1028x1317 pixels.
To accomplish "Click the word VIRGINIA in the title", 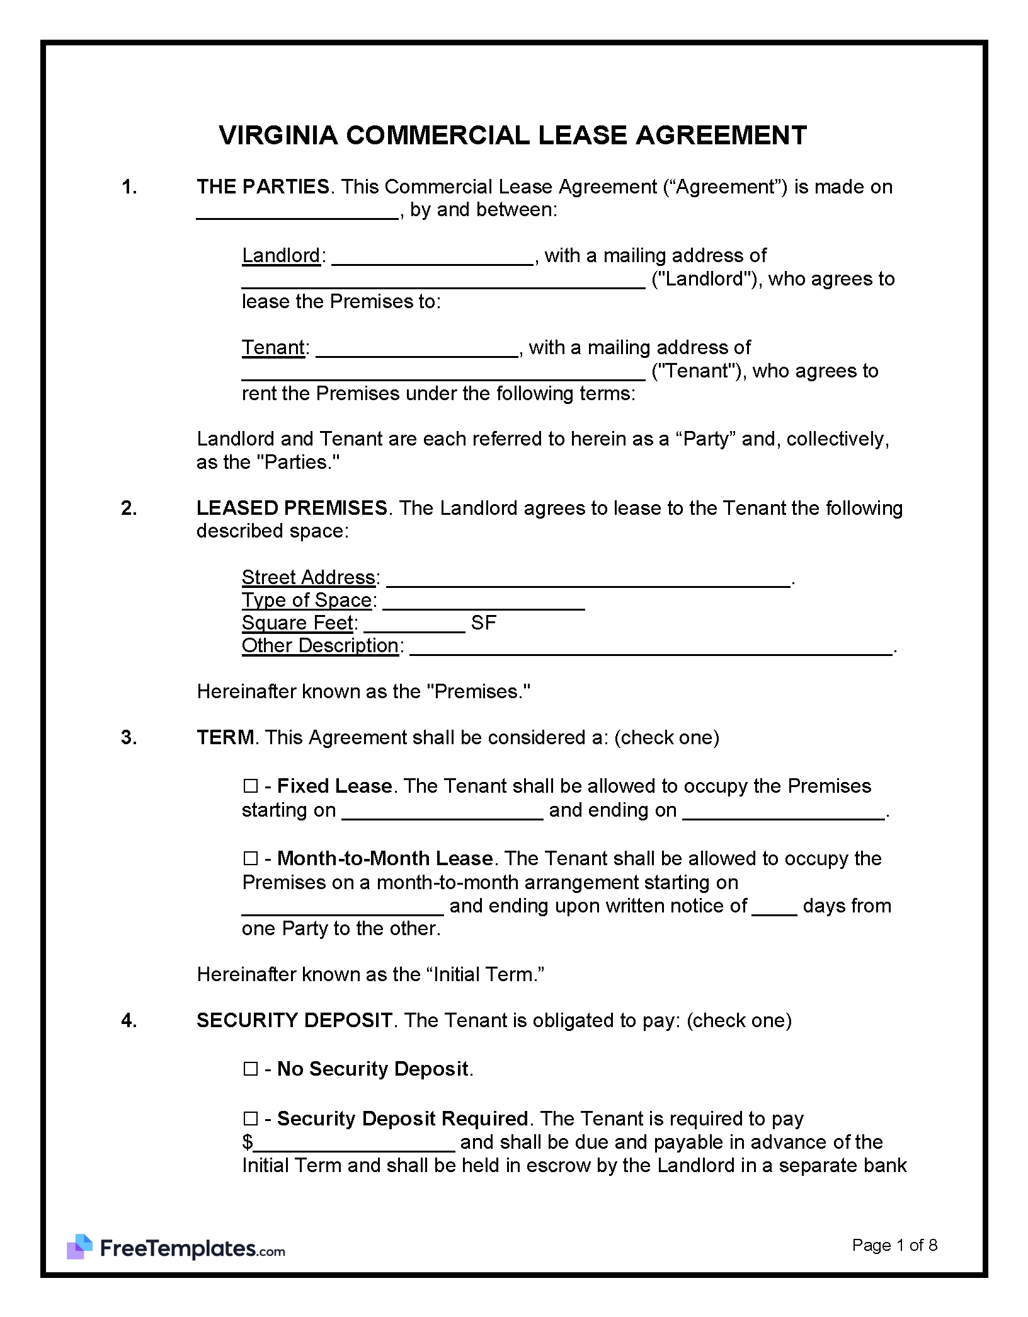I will (278, 135).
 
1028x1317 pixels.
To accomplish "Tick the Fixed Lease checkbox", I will (250, 786).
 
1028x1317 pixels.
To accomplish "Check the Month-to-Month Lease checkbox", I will (250, 858).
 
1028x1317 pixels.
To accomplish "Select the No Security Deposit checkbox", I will (250, 1069).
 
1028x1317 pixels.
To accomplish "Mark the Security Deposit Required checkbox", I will (250, 1119).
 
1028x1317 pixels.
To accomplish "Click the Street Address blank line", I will (588, 580).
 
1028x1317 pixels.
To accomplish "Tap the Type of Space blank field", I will (484, 602).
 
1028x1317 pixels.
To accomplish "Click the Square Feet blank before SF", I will (414, 625).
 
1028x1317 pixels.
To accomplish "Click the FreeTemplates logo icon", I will (79, 1246).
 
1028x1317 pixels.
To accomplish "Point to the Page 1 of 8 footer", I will (894, 1245).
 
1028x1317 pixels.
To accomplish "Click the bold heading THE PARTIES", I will (263, 187).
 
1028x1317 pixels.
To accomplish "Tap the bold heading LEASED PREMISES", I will (292, 508).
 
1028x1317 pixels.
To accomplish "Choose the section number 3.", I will (128, 737).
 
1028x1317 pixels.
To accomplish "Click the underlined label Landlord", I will (281, 255).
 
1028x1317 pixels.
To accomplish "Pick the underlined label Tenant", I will (273, 347).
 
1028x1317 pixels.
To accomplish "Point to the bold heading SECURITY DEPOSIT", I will (294, 1020).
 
